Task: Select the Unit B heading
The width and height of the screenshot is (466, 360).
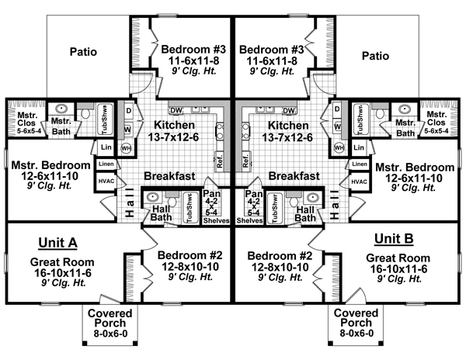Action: coord(398,240)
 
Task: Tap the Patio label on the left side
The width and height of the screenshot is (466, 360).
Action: coord(84,54)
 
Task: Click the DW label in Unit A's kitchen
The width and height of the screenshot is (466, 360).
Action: coord(176,111)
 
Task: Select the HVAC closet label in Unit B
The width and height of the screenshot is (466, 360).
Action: coord(359,182)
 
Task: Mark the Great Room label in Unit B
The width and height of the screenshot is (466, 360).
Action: coord(398,258)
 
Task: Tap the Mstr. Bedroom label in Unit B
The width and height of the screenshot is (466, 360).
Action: coord(415,167)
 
